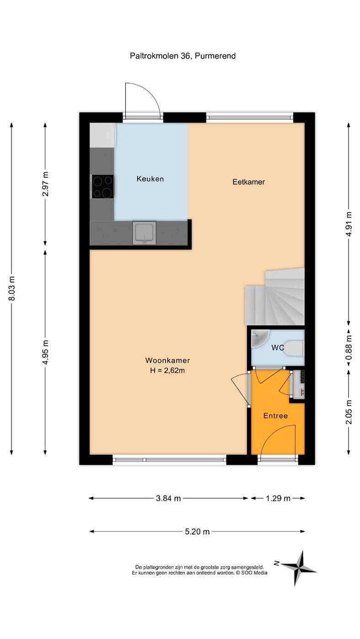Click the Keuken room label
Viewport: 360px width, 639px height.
point(150,179)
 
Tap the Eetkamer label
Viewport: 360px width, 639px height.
point(248,182)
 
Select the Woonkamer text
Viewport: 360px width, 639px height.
point(167,360)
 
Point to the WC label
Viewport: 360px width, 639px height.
point(278,347)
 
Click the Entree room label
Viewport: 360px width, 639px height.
point(275,416)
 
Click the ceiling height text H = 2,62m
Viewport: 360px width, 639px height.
point(167,371)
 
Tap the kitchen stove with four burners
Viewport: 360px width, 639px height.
point(103,186)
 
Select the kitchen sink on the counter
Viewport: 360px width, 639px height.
point(144,233)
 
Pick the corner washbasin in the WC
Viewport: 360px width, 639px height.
point(259,338)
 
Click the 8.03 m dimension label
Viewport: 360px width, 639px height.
point(12,288)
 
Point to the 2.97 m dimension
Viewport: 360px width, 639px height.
point(45,184)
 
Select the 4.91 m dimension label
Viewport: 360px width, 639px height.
point(349,224)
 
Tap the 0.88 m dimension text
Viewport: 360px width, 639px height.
point(349,348)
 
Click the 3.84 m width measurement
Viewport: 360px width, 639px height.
point(168,498)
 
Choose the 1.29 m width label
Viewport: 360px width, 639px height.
point(278,498)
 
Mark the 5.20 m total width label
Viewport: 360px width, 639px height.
point(197,532)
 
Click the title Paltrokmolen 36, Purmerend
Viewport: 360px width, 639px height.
point(183,56)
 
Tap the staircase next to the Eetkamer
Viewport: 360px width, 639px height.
point(275,297)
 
